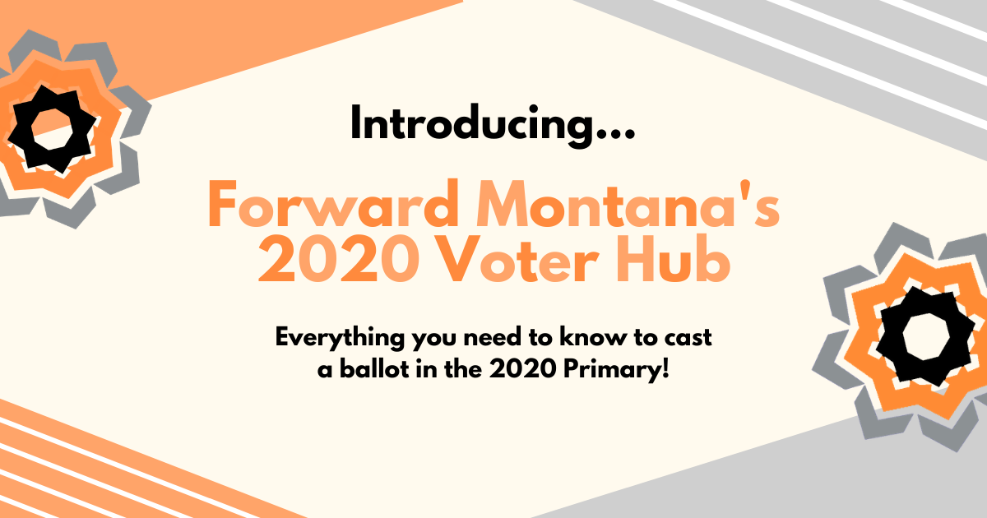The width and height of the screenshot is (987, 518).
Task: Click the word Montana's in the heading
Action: coord(628,205)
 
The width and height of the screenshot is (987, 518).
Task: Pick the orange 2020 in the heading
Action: coord(339,258)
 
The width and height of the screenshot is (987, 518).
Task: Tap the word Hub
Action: coord(674,258)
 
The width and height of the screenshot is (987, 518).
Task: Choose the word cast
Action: coord(688,338)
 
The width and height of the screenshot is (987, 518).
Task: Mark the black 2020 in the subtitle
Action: coord(522,369)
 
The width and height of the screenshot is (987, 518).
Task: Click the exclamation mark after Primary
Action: coord(665,369)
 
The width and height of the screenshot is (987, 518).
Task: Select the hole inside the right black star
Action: coord(926,337)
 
